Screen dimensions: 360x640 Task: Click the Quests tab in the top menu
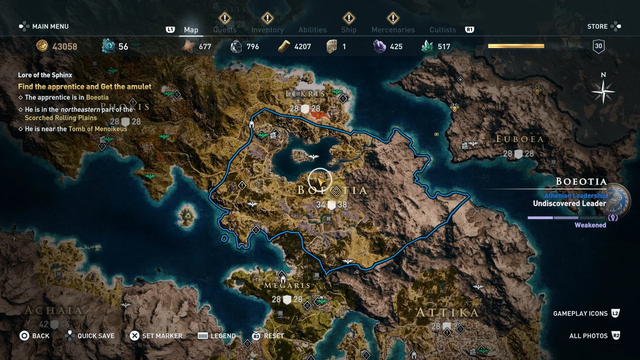[224, 30]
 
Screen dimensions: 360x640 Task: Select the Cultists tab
[442, 30]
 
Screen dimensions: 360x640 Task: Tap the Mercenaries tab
[393, 30]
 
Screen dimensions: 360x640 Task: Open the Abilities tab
[312, 30]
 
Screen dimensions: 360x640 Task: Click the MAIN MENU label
[50, 26]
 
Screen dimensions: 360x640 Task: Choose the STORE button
[597, 26]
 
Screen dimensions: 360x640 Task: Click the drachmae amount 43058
[64, 46]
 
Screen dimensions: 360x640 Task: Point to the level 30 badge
[598, 46]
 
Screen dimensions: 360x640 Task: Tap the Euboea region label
[519, 139]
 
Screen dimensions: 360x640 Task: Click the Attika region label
[447, 313]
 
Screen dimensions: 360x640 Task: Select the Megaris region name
[287, 285]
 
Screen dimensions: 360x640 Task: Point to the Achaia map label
[53, 310]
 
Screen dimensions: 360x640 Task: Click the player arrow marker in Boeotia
[320, 180]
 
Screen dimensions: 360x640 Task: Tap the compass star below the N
[603, 92]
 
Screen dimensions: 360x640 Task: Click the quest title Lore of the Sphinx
[45, 75]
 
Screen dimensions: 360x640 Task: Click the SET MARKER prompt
[162, 336]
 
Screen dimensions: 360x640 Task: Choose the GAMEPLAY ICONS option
[580, 313]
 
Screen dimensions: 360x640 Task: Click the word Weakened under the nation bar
[590, 225]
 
